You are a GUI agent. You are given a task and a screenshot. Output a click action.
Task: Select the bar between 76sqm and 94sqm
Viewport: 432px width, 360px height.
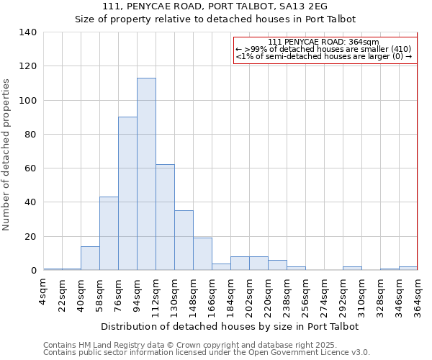click(127, 194)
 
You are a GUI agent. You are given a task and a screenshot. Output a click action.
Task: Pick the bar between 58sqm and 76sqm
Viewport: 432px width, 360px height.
click(109, 233)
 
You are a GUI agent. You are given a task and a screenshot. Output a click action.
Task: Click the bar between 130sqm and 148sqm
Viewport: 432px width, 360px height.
click(184, 240)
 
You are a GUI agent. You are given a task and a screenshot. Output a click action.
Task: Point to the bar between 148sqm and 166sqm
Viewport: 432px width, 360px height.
click(202, 254)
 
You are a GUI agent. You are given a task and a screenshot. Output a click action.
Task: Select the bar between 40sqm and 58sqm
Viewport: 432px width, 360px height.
click(90, 258)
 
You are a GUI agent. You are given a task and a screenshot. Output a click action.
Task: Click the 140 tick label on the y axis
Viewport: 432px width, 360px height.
click(27, 32)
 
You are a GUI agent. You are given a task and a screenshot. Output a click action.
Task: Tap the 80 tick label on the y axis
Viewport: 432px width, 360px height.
click(30, 135)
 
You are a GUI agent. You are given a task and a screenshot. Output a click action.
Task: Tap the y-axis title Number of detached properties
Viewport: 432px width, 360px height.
click(6, 155)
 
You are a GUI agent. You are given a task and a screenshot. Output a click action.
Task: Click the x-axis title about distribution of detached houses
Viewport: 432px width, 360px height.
click(230, 326)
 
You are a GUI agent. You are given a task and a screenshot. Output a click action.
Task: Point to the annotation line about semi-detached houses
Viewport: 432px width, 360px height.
click(323, 57)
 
